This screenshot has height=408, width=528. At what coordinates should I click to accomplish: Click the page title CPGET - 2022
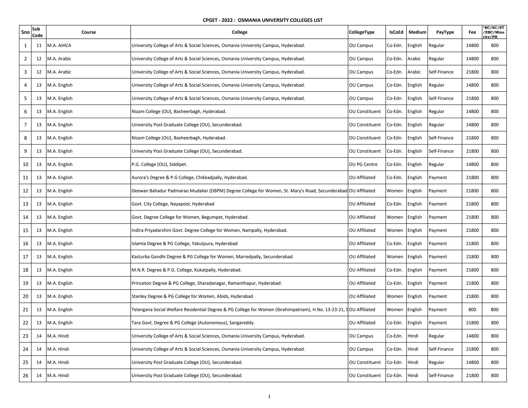tap(262, 20)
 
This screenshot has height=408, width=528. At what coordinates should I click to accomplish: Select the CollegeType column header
tap(361, 32)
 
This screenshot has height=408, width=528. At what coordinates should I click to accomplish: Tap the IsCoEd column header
tap(396, 32)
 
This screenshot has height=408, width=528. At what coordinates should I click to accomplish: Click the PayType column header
tap(445, 32)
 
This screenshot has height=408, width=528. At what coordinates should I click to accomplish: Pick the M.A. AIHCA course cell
tap(59, 45)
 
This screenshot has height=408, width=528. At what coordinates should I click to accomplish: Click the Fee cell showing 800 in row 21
tap(472, 309)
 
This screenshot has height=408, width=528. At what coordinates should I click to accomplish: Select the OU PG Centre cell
tap(363, 164)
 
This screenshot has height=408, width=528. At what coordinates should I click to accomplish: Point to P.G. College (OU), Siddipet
tap(159, 164)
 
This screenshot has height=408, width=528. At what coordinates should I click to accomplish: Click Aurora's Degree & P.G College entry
tap(189, 177)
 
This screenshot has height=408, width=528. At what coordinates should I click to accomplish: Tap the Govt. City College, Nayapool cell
tap(173, 204)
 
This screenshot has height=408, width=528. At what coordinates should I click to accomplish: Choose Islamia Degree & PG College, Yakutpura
tap(184, 243)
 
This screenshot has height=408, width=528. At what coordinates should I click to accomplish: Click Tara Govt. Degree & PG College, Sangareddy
tap(193, 323)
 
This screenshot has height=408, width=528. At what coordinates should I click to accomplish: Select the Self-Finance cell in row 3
tap(441, 72)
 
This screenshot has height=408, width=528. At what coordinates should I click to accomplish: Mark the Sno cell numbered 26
tap(25, 376)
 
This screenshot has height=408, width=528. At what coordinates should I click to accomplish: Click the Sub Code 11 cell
tap(39, 45)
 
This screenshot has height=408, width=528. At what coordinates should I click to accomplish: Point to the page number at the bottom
tap(269, 396)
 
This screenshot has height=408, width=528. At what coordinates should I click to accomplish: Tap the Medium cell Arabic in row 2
tap(414, 59)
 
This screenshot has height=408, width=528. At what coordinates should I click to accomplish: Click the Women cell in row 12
tap(394, 191)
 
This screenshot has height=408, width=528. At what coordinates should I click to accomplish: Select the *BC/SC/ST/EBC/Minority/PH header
tap(494, 32)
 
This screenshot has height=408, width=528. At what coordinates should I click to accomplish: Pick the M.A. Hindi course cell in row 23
tap(58, 336)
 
